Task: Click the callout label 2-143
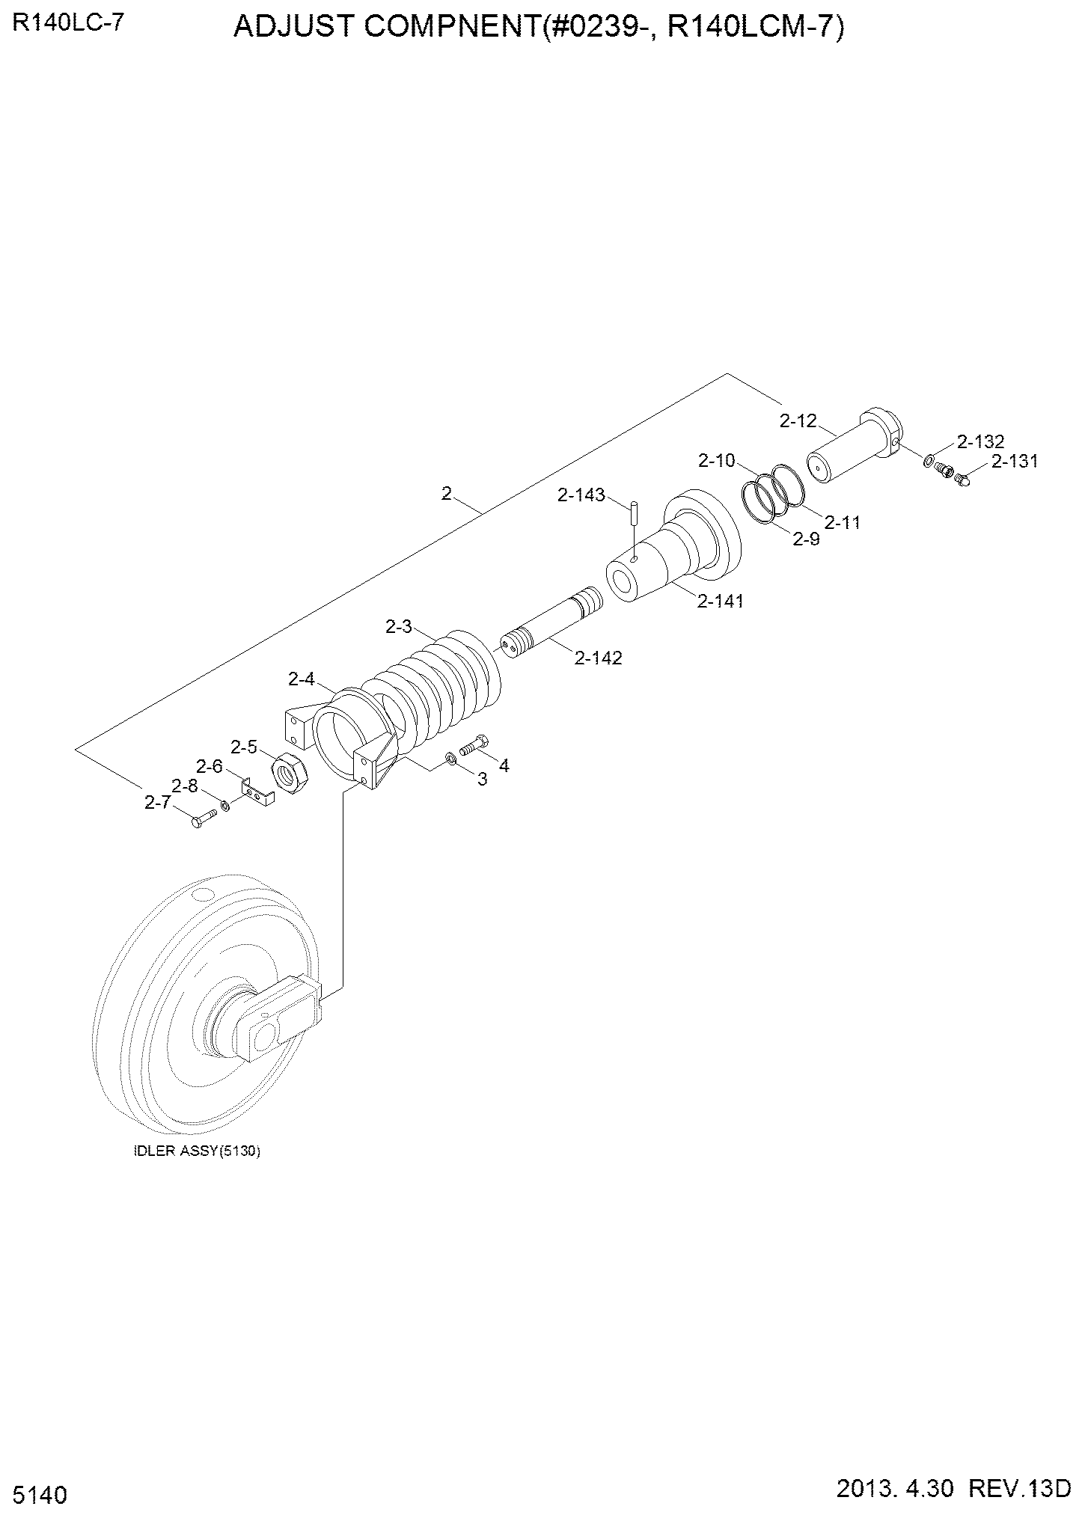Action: pos(581,495)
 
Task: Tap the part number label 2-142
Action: pos(599,658)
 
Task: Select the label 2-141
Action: pos(720,601)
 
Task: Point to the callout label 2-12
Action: pos(798,421)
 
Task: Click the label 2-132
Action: pos(979,441)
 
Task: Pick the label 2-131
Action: pos(1015,462)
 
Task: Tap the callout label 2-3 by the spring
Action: pos(399,627)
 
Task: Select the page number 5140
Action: pos(40,1496)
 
